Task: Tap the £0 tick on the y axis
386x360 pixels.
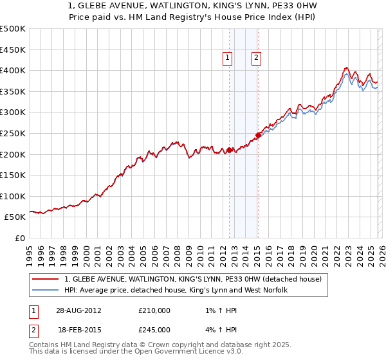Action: [21, 238]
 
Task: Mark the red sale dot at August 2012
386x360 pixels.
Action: [230, 150]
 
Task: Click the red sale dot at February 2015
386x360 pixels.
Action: [258, 135]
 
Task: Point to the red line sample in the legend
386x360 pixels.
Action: [45, 279]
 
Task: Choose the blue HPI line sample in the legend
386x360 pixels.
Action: [45, 290]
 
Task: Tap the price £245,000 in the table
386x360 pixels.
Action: [154, 330]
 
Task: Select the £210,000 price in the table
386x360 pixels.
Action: [154, 310]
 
